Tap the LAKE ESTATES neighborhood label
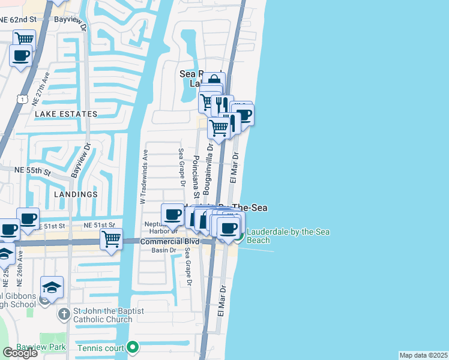point(66,113)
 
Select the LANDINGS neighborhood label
point(76,194)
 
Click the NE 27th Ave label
point(46,88)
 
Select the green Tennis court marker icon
point(133,347)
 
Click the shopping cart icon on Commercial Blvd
point(112,238)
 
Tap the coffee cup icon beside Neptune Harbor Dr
point(173,214)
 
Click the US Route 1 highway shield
point(23,97)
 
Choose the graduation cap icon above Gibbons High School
point(52,286)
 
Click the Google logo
point(20,352)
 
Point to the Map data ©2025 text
point(423,355)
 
